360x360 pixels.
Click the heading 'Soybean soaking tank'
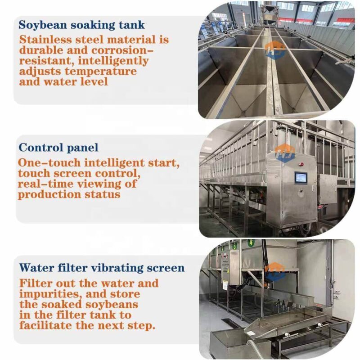(x=81, y=25)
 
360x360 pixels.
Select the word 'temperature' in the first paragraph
(x=100, y=71)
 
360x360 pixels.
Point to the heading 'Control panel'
(x=58, y=148)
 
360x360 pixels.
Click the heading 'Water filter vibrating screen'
(x=102, y=268)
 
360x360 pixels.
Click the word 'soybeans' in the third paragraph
(x=112, y=305)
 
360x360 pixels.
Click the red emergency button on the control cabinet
(x=301, y=164)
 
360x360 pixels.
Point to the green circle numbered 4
(x=252, y=242)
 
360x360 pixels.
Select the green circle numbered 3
(x=234, y=246)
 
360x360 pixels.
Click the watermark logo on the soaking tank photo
(x=275, y=50)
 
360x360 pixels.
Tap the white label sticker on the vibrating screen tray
(x=320, y=325)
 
